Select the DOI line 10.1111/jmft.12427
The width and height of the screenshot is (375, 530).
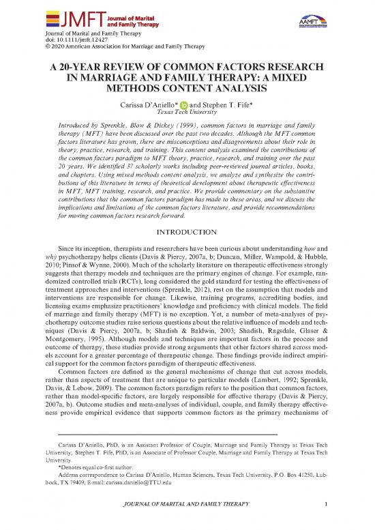point(72,40)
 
